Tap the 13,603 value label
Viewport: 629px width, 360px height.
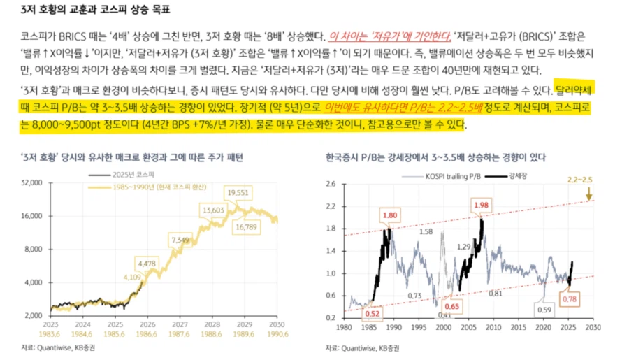pos(214,210)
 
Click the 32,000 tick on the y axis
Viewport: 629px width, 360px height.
pos(32,182)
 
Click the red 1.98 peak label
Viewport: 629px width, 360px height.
pos(482,205)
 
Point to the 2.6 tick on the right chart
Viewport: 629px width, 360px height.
pos(331,184)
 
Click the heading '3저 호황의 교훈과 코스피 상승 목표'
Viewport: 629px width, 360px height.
pos(94,10)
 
